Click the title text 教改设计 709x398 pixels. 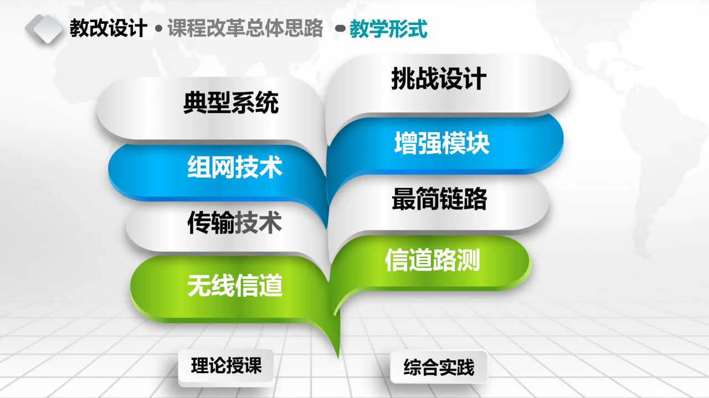pyautogui.click(x=109, y=28)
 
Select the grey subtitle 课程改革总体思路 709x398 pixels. pyautogui.click(x=245, y=28)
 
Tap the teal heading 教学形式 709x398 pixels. pyautogui.click(x=388, y=29)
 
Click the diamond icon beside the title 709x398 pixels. pyautogui.click(x=44, y=29)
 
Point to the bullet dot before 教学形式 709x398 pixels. pyautogui.click(x=340, y=29)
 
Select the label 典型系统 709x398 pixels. pyautogui.click(x=231, y=102)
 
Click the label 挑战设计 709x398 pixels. pyautogui.click(x=439, y=79)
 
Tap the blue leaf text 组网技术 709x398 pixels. pyautogui.click(x=234, y=167)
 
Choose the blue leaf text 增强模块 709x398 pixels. pyautogui.click(x=442, y=143)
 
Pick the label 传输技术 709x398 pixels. pyautogui.click(x=234, y=223)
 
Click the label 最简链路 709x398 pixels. pyautogui.click(x=439, y=199)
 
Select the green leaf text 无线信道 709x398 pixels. pyautogui.click(x=234, y=286)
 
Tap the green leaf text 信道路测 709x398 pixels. pyautogui.click(x=433, y=260)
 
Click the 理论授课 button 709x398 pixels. pyautogui.click(x=226, y=366)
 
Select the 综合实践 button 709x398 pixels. pyautogui.click(x=439, y=367)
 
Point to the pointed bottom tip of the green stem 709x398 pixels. pyautogui.click(x=338, y=359)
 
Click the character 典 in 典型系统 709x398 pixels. pyautogui.click(x=195, y=102)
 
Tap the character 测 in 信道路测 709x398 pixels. pyautogui.click(x=469, y=260)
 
